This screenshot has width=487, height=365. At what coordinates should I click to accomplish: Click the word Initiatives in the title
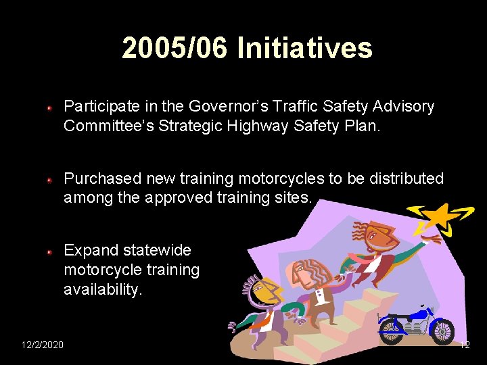[304, 49]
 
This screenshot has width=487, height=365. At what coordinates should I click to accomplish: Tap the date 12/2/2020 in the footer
[43, 345]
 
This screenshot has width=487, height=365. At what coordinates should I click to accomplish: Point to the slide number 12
[464, 345]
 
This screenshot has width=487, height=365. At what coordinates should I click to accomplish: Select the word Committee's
[110, 126]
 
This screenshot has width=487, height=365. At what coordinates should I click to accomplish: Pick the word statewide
[156, 251]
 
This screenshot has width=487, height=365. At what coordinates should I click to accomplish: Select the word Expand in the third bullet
[91, 251]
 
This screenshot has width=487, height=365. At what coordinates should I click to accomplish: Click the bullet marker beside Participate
[50, 107]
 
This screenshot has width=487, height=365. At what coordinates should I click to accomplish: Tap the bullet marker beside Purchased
[50, 180]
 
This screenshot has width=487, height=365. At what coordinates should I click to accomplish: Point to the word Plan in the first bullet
[367, 126]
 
